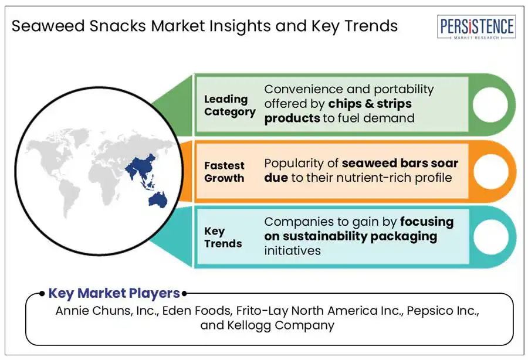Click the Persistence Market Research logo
pyautogui.click(x=476, y=27)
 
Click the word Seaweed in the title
pyautogui.click(x=48, y=26)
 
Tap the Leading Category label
pyautogui.click(x=230, y=106)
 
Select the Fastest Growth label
pyautogui.click(x=224, y=172)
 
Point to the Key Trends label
pyautogui.click(x=223, y=237)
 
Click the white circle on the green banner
pyautogui.click(x=490, y=104)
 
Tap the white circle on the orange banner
pyautogui.click(x=491, y=171)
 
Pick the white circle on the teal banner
pyautogui.click(x=491, y=237)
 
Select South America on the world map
pyautogui.click(x=69, y=199)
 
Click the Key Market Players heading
pyautogui.click(x=114, y=293)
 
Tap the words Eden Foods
pyautogui.click(x=197, y=311)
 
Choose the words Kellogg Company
pyautogui.click(x=281, y=325)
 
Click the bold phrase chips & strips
pyautogui.click(x=370, y=104)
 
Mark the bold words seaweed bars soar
pyautogui.click(x=400, y=163)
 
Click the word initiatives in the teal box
pyautogui.click(x=292, y=251)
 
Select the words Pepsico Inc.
pyautogui.click(x=443, y=311)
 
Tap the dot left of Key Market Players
pyautogui.click(x=42, y=293)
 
